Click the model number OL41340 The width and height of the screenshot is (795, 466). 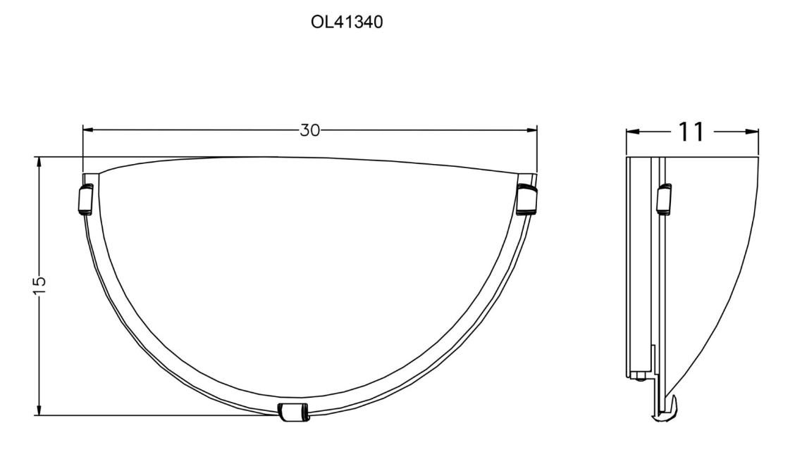347,23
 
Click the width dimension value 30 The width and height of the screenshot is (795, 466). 310,131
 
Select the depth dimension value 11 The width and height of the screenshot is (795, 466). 691,132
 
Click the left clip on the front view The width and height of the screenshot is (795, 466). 85,199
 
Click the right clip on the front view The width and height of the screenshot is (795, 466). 526,200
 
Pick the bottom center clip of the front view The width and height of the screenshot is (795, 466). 293,413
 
